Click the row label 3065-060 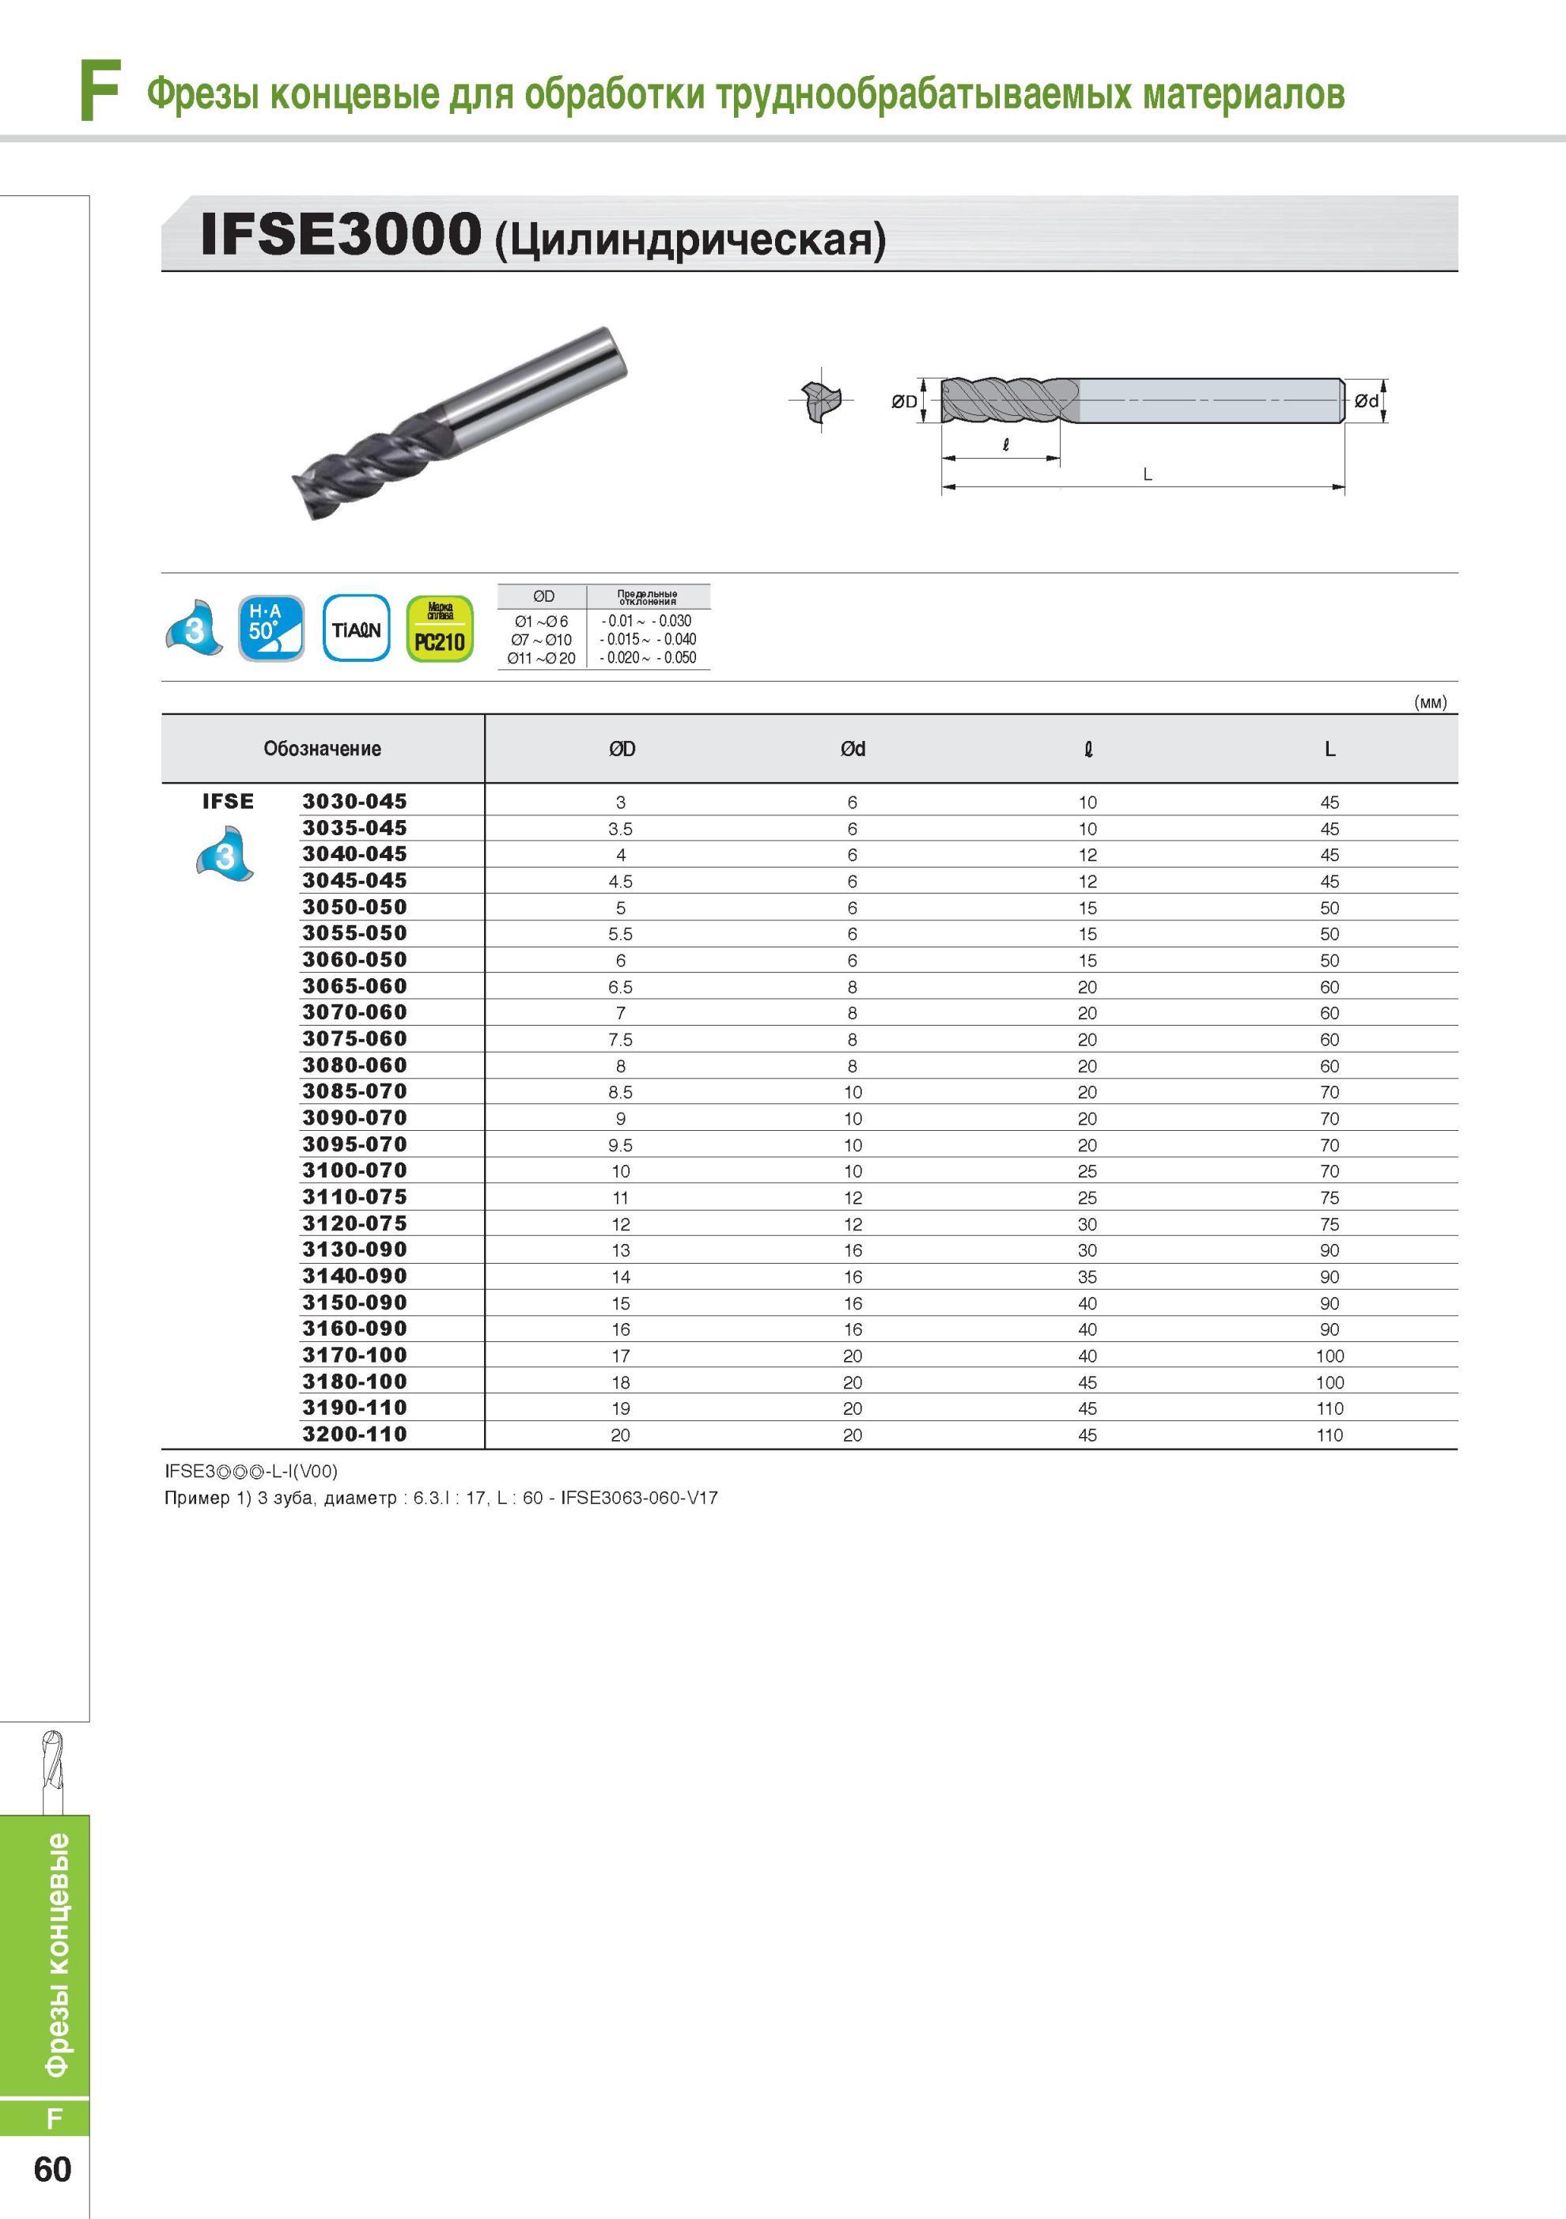tap(355, 986)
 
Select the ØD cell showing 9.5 tap(621, 1145)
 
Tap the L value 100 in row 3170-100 tap(1330, 1356)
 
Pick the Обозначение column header tap(322, 748)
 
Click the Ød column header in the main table tap(853, 749)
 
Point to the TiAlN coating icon tap(357, 629)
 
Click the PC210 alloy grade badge tap(440, 629)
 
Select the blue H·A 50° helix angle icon tap(271, 628)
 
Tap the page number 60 tap(52, 2170)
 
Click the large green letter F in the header tap(100, 91)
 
